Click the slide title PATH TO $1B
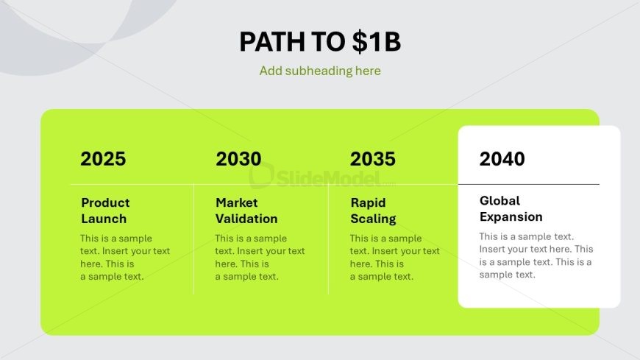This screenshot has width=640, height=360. click(x=320, y=42)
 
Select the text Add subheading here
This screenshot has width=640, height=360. click(x=320, y=71)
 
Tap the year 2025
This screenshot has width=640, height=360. click(x=103, y=159)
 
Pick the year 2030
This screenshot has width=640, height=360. click(x=238, y=159)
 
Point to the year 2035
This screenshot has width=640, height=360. click(x=373, y=159)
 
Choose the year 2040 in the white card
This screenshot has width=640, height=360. click(x=502, y=159)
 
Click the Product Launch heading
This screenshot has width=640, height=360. click(x=105, y=211)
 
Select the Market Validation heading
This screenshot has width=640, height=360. click(x=246, y=211)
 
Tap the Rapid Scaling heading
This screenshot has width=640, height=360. click(x=373, y=211)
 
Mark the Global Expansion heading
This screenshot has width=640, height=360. click(x=511, y=208)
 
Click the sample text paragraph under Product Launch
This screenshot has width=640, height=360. click(x=125, y=257)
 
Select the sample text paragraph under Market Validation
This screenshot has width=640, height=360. click(x=260, y=257)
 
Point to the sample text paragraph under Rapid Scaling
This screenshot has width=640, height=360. click(x=395, y=257)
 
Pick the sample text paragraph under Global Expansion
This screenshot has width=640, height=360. click(x=536, y=255)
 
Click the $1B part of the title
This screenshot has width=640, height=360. click(x=377, y=42)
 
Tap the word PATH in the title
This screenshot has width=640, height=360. click(x=272, y=42)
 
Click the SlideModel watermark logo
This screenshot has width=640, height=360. click(x=322, y=177)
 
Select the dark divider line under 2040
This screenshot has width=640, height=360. click(x=529, y=184)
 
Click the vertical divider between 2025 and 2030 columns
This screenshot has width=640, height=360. click(x=194, y=239)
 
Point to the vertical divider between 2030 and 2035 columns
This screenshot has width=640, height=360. click(x=328, y=239)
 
